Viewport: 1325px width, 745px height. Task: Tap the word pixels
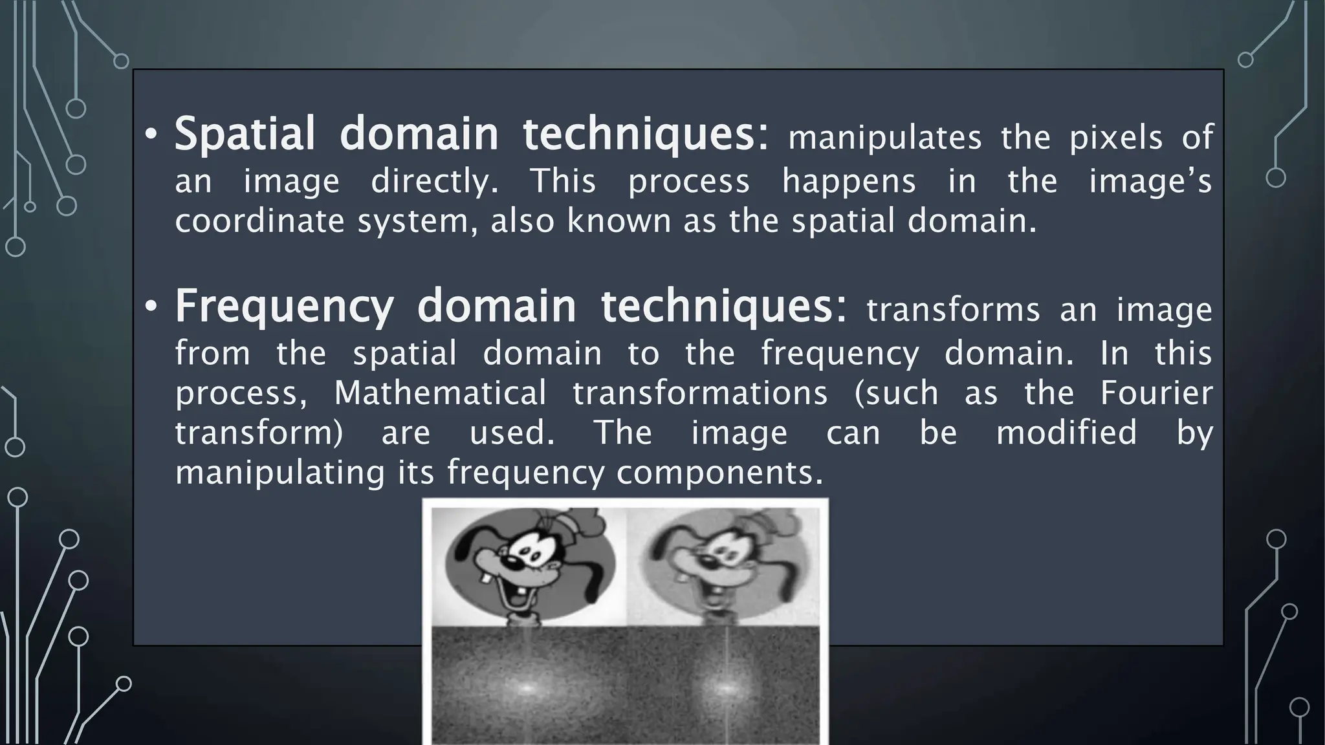click(1116, 138)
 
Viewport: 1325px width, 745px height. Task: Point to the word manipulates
click(884, 138)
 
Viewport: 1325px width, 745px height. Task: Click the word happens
click(849, 182)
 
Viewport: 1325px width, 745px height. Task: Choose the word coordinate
click(261, 222)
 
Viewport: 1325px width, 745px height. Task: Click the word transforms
click(953, 310)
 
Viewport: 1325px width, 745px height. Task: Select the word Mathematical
click(440, 393)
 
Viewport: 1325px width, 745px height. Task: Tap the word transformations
click(700, 393)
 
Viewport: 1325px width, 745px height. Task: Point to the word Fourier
click(1157, 393)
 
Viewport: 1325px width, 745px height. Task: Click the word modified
click(1066, 433)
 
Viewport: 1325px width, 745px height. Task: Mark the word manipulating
click(280, 473)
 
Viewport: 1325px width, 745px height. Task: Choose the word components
click(719, 473)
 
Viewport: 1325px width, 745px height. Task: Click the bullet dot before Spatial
click(151, 135)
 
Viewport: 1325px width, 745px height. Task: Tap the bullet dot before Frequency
click(151, 307)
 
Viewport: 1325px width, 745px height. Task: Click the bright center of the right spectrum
click(723, 688)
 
